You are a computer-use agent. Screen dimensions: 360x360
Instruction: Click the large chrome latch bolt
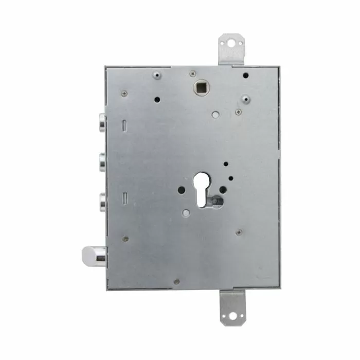(x=93, y=254)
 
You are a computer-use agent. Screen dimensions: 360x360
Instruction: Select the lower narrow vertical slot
(x=124, y=197)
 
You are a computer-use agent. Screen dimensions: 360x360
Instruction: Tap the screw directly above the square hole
(x=193, y=74)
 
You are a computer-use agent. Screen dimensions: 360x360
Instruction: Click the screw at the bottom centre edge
(x=176, y=281)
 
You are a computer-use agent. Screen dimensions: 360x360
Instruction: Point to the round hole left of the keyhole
(x=181, y=190)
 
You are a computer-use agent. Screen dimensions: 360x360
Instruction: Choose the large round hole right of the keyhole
(x=222, y=190)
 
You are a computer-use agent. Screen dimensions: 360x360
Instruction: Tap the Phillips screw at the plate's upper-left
(x=124, y=94)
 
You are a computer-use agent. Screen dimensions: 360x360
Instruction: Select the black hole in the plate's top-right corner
(x=246, y=76)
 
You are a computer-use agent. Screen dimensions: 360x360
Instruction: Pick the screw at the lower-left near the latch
(x=125, y=239)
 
